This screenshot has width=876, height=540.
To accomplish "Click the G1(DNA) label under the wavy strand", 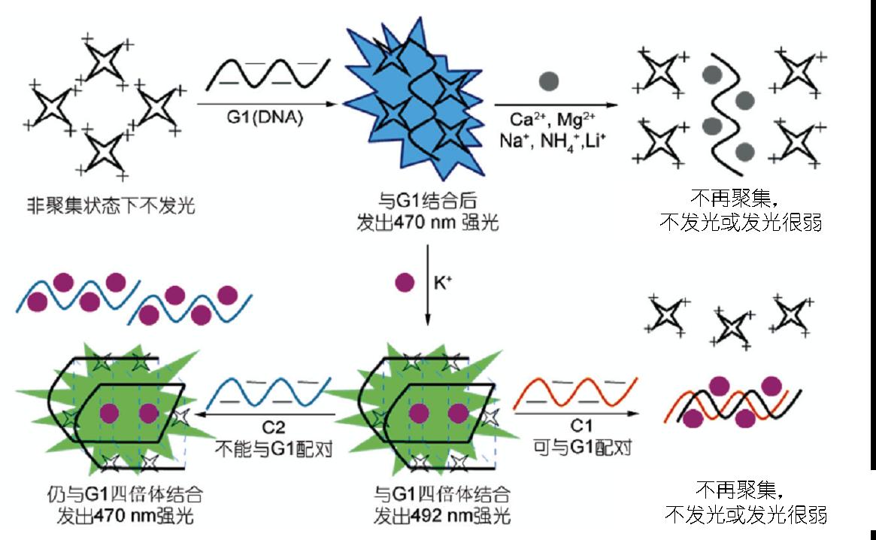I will pyautogui.click(x=267, y=118).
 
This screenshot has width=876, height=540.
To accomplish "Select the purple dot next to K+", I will pyautogui.click(x=405, y=284).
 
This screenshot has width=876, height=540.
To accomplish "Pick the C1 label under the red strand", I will pyautogui.click(x=578, y=429).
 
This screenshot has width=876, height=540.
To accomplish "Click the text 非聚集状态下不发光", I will pyautogui.click(x=111, y=205).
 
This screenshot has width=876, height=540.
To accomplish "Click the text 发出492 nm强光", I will pyautogui.click(x=442, y=517).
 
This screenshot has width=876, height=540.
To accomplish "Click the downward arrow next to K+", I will pyautogui.click(x=427, y=286).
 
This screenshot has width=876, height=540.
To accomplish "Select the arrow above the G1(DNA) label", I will pyautogui.click(x=267, y=103).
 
